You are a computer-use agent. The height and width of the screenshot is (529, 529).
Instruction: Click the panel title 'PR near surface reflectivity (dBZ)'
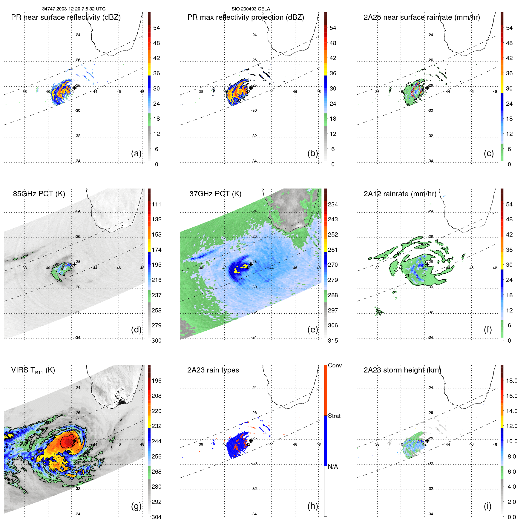[x=66, y=17]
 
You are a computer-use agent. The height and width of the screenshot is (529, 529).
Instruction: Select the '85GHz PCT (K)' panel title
[x=39, y=194]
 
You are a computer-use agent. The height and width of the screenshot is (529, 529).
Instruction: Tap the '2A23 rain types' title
[x=213, y=370]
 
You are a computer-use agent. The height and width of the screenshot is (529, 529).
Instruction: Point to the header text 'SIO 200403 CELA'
[x=251, y=9]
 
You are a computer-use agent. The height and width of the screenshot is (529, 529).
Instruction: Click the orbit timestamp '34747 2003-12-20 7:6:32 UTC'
[x=73, y=9]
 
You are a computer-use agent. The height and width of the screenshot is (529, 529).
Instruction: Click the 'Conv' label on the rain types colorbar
[x=335, y=365]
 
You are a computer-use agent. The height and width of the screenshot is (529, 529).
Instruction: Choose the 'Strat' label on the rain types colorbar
[x=334, y=416]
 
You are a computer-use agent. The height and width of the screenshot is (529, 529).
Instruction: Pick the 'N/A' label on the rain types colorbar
[x=333, y=467]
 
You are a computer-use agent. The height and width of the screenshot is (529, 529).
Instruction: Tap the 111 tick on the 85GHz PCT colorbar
[x=157, y=204]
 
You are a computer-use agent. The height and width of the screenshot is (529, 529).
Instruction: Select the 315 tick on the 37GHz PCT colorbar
[x=333, y=341]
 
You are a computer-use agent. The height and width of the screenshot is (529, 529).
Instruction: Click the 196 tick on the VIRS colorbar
[x=157, y=381]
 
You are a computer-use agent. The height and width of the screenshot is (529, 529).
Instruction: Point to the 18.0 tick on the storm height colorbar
[x=511, y=381]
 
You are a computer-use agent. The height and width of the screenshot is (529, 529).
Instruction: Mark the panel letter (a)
[x=136, y=153]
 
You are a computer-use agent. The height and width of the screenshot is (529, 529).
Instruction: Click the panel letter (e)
[x=312, y=329]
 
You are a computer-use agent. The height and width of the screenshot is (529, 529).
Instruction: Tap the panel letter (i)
[x=487, y=506]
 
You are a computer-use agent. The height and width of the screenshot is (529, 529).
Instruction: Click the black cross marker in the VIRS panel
[x=74, y=441]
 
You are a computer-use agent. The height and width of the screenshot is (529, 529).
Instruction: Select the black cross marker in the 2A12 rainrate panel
[x=427, y=264]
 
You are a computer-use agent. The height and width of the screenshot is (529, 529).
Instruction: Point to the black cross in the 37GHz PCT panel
[x=251, y=264]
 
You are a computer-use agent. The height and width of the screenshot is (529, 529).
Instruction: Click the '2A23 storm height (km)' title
[x=402, y=370]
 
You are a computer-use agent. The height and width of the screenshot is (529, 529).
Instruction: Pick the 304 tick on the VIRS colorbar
[x=157, y=517]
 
